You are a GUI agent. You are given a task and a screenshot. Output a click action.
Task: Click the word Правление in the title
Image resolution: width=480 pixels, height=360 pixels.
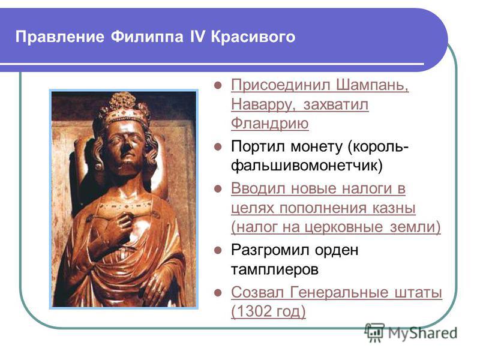pos(59,37)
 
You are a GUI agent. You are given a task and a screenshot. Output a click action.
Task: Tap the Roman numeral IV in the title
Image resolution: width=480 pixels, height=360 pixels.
pos(197,36)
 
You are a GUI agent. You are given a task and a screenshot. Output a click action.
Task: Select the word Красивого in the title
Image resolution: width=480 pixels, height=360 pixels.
pos(253,37)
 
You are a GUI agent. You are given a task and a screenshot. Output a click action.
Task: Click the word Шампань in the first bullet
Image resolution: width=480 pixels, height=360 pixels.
pos(373,85)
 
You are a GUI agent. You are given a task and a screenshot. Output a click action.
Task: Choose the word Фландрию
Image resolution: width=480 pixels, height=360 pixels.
pos(269,124)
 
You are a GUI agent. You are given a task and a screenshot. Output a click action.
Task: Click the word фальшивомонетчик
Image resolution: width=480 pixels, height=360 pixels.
pos(307,166)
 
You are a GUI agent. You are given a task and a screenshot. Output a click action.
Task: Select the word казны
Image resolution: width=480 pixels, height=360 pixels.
pos(394,208)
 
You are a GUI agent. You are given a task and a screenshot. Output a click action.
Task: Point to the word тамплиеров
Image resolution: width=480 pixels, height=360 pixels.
pos(275,269)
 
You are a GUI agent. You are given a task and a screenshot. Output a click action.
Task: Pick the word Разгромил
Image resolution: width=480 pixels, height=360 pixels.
pos(271,250)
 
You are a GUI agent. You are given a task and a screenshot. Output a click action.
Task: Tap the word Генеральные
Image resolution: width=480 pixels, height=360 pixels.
pos(339,292)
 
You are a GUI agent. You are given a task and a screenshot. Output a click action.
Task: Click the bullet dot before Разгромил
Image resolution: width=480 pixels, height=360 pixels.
pos(218,251)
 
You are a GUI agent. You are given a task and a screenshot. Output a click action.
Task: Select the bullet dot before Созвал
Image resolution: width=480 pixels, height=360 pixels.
pos(218,293)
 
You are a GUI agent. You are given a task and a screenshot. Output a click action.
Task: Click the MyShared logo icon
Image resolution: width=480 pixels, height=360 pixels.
pos(374,333)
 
